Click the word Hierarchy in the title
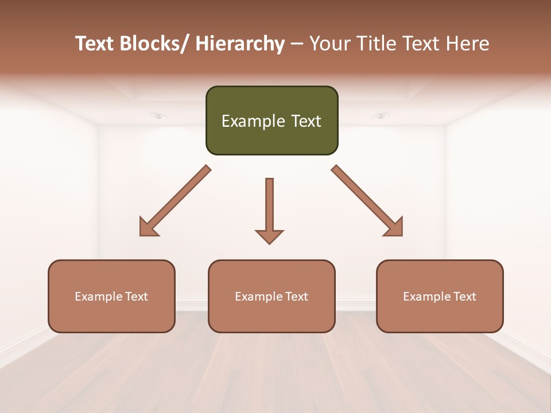[240, 44]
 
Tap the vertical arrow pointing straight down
[269, 206]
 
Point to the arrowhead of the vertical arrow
[269, 236]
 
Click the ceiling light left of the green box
[158, 116]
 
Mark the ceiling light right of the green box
[381, 116]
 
